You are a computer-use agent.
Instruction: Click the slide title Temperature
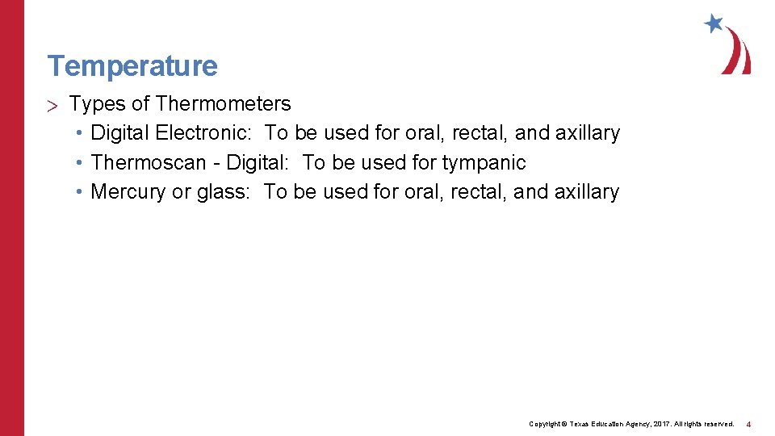[132, 65]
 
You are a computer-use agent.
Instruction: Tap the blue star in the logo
[713, 23]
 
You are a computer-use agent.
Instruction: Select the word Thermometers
[224, 103]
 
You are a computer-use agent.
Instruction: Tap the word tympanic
[484, 163]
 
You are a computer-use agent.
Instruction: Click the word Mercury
[128, 191]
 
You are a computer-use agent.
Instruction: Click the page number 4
[748, 424]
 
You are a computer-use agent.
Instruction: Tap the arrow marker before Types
[53, 104]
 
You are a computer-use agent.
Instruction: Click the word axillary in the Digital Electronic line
[587, 132]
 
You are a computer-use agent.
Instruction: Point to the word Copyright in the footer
[545, 424]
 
